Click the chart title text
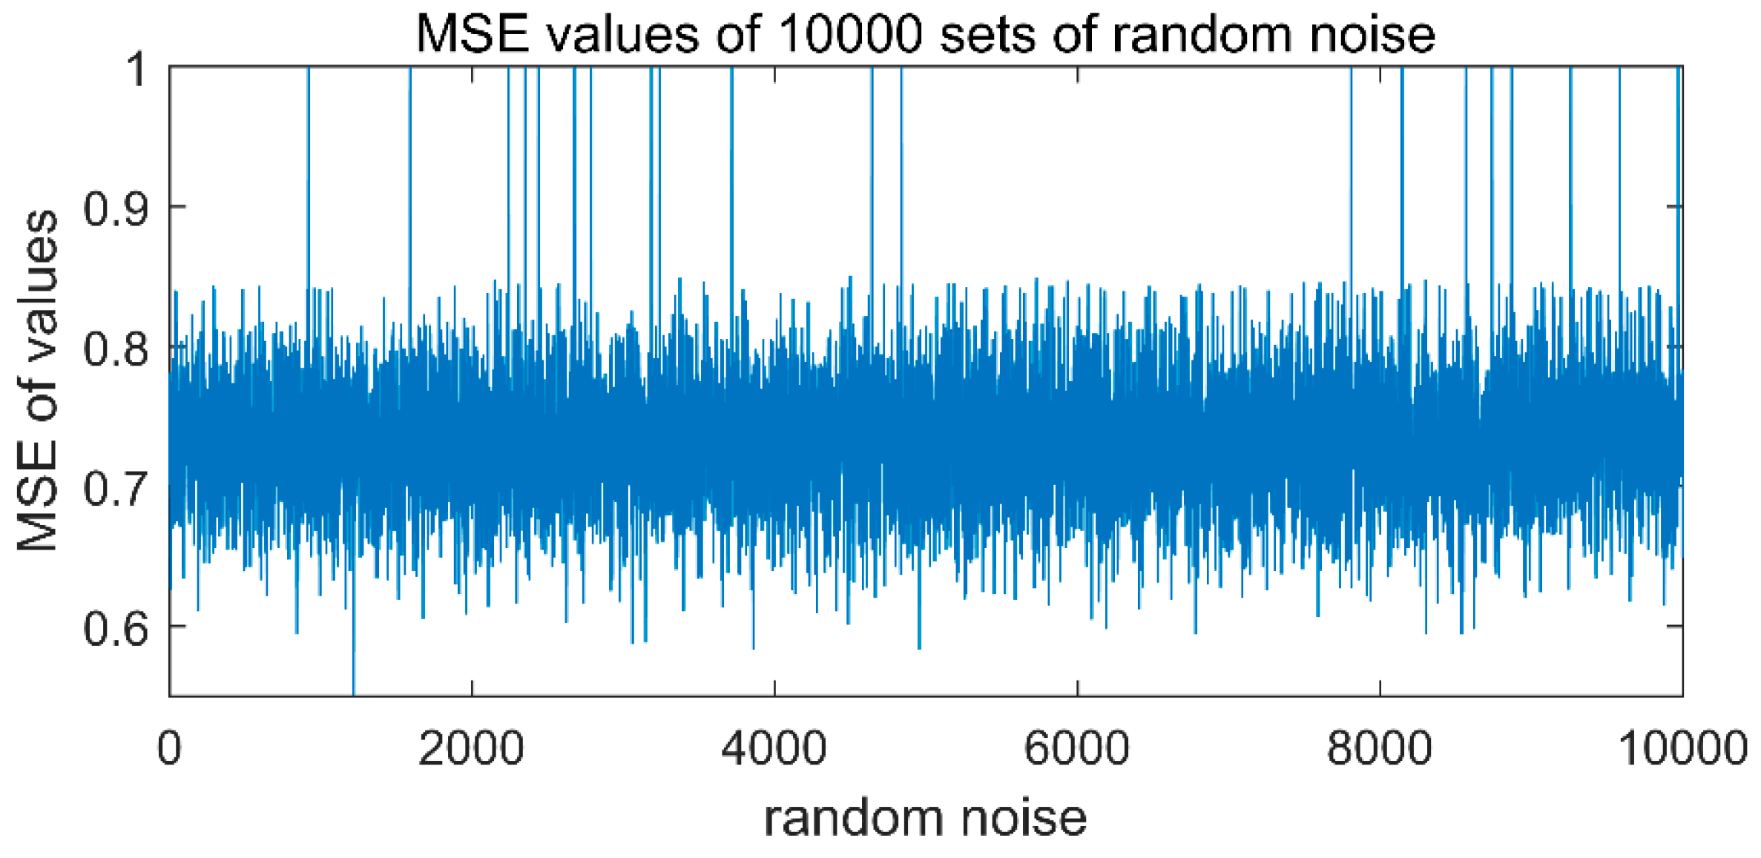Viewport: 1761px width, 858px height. (x=925, y=34)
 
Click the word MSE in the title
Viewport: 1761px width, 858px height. (x=473, y=34)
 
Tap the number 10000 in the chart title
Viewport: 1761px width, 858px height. (x=852, y=34)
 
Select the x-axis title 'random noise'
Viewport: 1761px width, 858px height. (x=925, y=817)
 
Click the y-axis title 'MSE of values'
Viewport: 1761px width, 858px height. (x=37, y=380)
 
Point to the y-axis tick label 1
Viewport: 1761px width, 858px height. (x=136, y=70)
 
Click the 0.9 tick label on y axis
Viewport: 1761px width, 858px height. (x=116, y=208)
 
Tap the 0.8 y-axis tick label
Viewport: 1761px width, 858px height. (x=116, y=348)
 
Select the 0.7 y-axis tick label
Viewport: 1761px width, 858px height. (x=116, y=487)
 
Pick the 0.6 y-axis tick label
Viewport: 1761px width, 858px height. (x=116, y=627)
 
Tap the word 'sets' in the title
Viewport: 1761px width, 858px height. (x=988, y=34)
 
